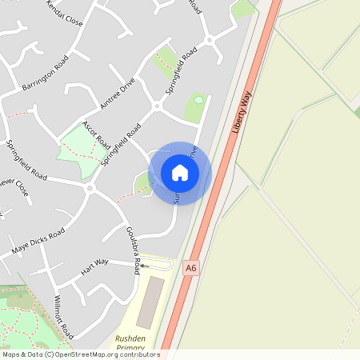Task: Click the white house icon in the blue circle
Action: pyautogui.click(x=180, y=173)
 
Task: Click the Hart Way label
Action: pyautogui.click(x=94, y=266)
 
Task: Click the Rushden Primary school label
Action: pyautogui.click(x=130, y=343)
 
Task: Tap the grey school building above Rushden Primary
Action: pyautogui.click(x=148, y=303)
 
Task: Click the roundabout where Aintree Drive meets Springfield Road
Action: pyautogui.click(x=157, y=106)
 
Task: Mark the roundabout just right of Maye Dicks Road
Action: pyautogui.click(x=90, y=189)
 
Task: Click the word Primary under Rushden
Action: pyautogui.click(x=130, y=349)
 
